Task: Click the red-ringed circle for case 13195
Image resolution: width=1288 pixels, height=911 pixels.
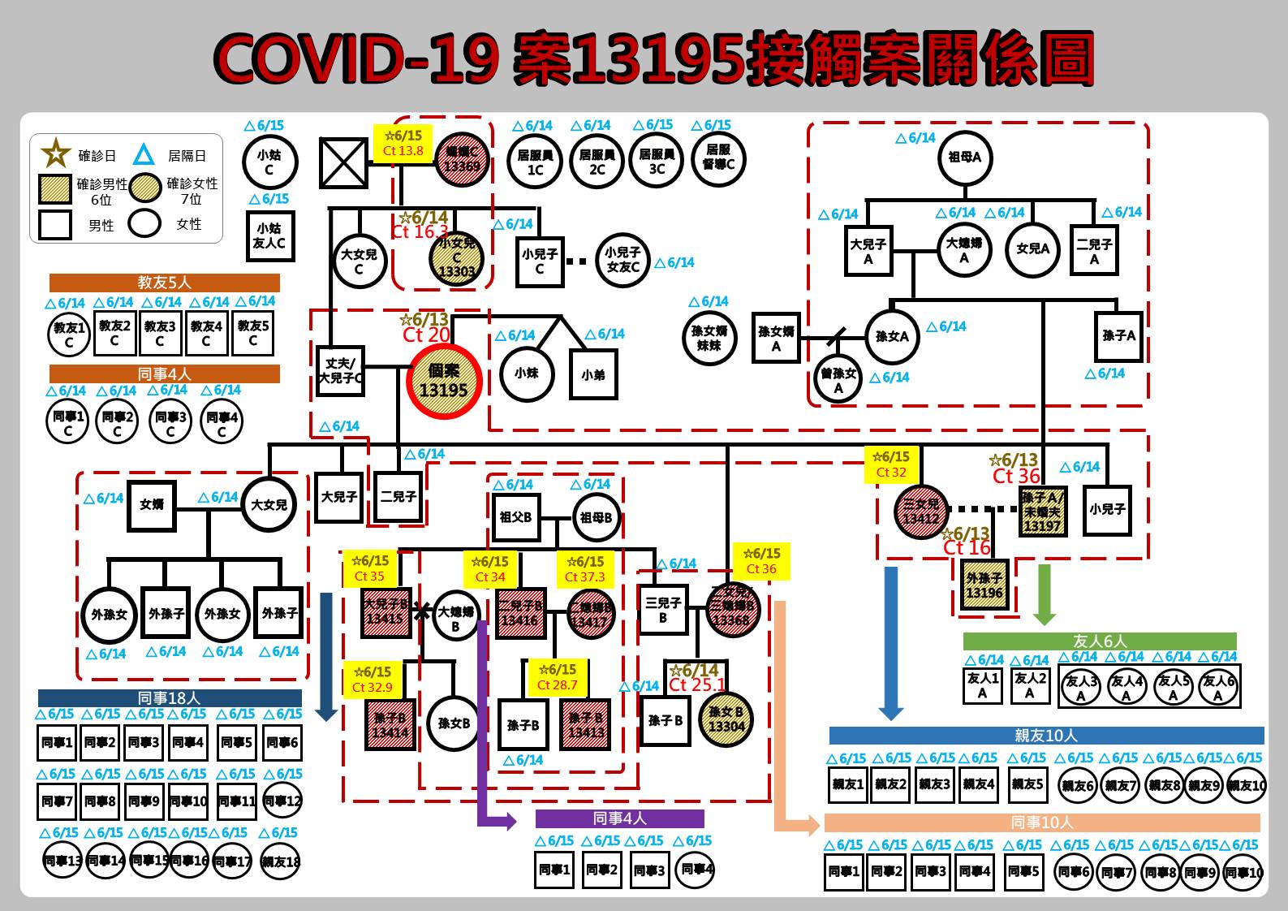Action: (443, 382)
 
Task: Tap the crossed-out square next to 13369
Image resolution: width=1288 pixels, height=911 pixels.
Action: (343, 162)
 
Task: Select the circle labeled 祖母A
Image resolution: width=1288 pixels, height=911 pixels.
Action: (965, 158)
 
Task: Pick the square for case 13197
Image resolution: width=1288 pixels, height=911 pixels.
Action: (1042, 511)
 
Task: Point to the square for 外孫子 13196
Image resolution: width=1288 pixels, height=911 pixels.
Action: (984, 585)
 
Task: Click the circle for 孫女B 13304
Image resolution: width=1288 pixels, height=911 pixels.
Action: (726, 719)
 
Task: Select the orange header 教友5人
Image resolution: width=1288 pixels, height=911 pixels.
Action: (164, 283)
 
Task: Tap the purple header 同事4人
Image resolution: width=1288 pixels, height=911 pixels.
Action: (619, 818)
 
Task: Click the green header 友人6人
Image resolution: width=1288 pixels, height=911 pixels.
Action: (1100, 641)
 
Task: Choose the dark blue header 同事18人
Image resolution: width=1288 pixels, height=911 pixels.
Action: (170, 697)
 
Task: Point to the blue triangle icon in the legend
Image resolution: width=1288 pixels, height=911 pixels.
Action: (144, 154)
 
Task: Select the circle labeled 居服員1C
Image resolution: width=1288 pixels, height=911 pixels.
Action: (535, 162)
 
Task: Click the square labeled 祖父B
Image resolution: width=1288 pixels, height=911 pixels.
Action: (516, 517)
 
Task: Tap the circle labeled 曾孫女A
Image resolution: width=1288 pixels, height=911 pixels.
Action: (838, 379)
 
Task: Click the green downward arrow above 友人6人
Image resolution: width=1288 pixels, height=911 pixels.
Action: (1045, 594)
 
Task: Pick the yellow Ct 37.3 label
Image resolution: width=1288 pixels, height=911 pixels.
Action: (585, 568)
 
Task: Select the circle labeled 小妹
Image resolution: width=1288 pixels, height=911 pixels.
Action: (527, 373)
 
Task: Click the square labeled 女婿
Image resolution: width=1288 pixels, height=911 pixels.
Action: (152, 505)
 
